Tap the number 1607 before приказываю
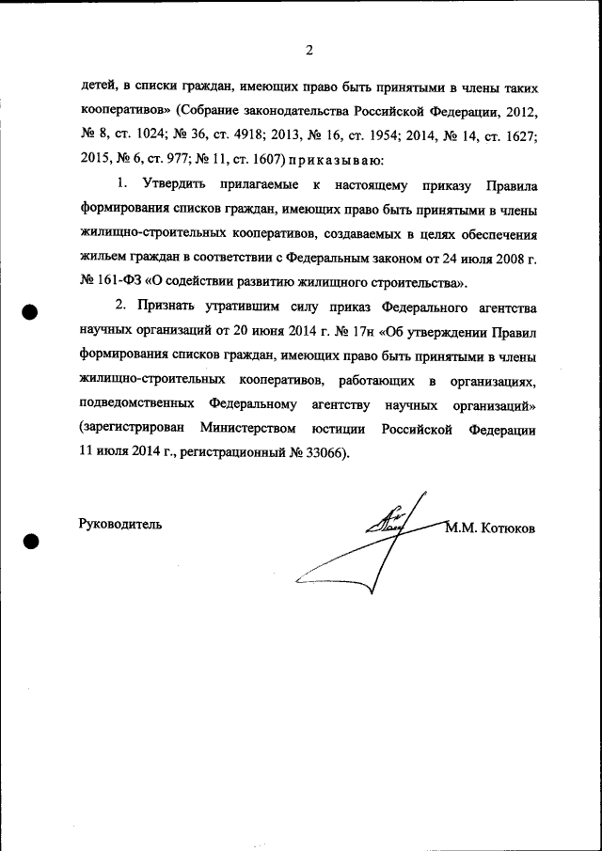pyautogui.click(x=263, y=160)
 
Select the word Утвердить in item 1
pyautogui.click(x=175, y=185)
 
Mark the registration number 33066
pyautogui.click(x=325, y=452)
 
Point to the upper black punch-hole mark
pyautogui.click(x=31, y=314)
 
